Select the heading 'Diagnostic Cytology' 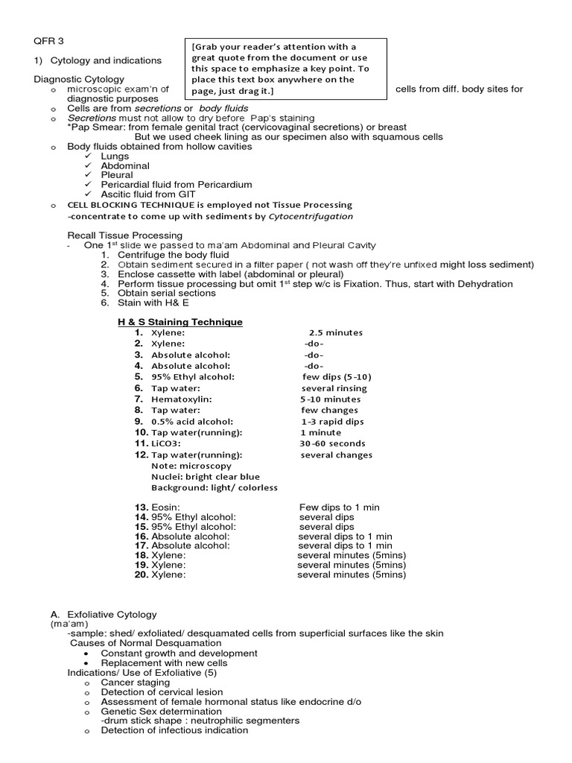[x=79, y=79]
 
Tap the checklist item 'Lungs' [x=115, y=156]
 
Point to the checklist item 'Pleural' [x=117, y=175]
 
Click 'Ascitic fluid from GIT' [x=153, y=194]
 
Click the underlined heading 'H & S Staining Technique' [x=180, y=322]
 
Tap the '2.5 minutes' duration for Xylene [x=335, y=332]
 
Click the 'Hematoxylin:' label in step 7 [x=181, y=399]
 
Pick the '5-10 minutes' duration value [x=330, y=399]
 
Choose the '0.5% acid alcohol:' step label [x=191, y=422]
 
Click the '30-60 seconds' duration [x=332, y=443]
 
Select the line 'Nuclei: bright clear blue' [x=206, y=477]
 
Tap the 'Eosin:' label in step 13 [x=165, y=507]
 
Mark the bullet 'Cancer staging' [x=135, y=682]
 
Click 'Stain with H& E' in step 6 [x=154, y=303]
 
